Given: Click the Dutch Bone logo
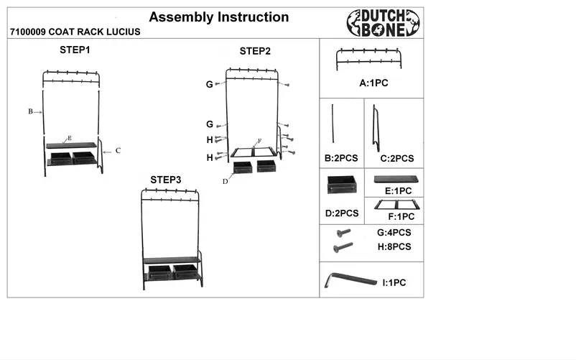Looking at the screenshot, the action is click(x=383, y=23).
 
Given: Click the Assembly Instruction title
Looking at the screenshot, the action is click(x=219, y=17).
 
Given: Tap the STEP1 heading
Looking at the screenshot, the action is click(x=75, y=50).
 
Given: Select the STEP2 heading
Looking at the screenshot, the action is click(x=255, y=51).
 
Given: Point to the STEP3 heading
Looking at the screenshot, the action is click(x=166, y=180).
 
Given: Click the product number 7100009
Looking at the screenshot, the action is click(x=28, y=32).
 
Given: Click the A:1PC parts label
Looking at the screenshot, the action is click(x=373, y=83).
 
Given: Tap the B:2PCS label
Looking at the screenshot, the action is click(x=341, y=158).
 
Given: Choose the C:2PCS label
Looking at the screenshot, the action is click(x=397, y=159).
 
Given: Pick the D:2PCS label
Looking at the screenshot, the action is click(x=342, y=213).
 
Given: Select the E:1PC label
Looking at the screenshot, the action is click(x=398, y=191).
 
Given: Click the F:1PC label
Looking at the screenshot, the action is click(x=401, y=217).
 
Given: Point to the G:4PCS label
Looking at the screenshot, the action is click(x=394, y=233).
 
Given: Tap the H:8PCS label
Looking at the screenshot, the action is click(x=394, y=247).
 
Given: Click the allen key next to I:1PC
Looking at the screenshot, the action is click(x=350, y=280).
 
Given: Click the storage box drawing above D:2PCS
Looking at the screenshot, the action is click(x=342, y=185).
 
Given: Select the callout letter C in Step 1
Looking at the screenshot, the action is click(x=118, y=151).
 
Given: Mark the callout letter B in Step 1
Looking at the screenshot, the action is click(x=30, y=111).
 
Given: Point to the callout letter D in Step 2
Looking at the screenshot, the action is click(x=226, y=182).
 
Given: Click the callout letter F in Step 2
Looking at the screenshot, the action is click(x=260, y=141).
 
